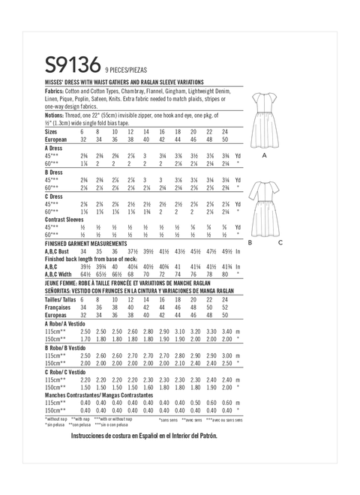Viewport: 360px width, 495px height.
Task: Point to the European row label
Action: click(x=58, y=139)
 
